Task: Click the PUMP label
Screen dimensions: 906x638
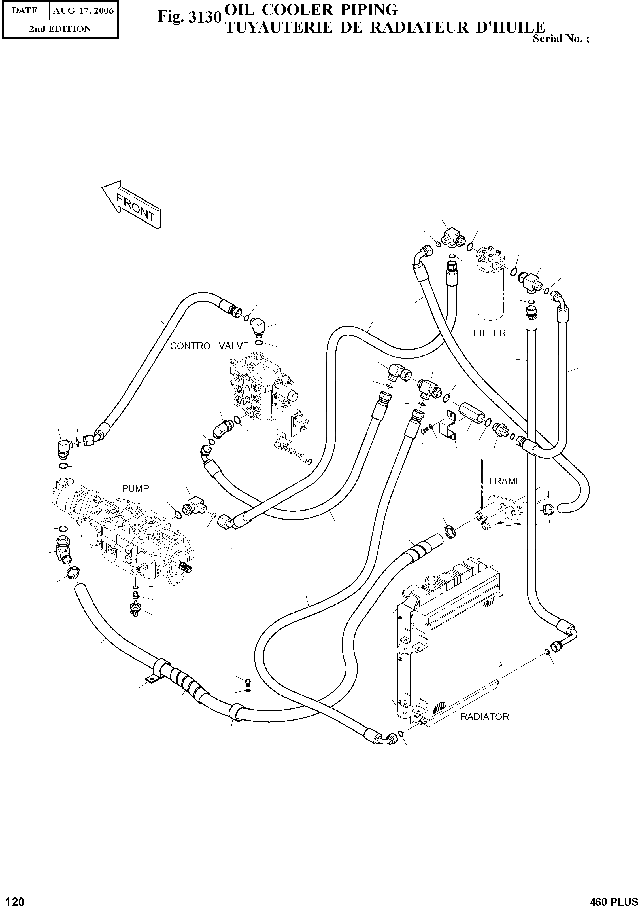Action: pos(135,488)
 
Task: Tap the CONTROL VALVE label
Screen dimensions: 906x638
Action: pos(209,346)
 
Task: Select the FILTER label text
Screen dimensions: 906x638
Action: pos(489,333)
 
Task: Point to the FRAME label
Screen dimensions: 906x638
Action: pos(505,481)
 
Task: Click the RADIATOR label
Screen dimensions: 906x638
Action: pos(485,717)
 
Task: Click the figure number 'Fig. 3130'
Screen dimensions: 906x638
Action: pos(188,17)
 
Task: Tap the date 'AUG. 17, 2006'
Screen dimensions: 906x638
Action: pos(83,11)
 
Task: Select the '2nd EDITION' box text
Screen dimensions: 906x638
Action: pos(60,29)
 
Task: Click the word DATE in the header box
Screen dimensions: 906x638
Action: pos(25,11)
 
